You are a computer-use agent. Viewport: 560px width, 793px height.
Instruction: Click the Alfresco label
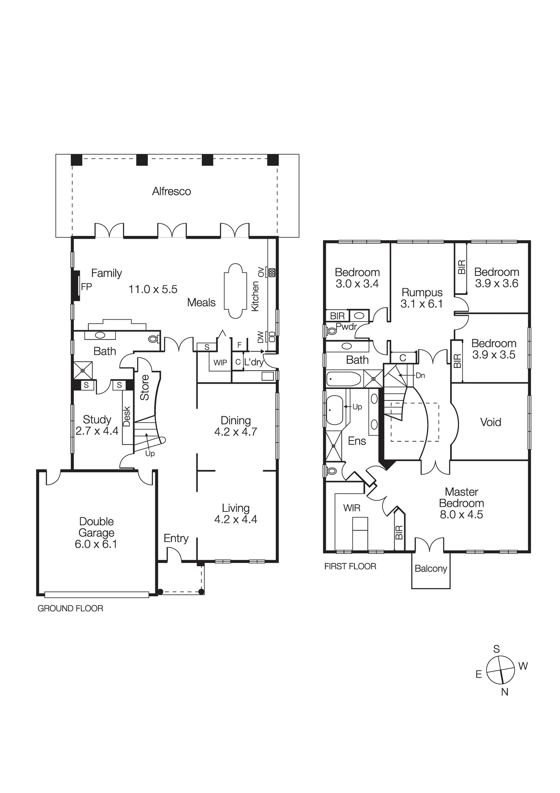[x=171, y=192]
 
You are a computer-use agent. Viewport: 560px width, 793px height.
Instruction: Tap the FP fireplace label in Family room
[x=86, y=287]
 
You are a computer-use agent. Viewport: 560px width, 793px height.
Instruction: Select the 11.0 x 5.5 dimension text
[x=153, y=289]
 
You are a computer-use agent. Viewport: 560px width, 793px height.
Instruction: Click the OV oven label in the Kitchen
[x=260, y=272]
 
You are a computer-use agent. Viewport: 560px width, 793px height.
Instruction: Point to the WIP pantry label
[x=220, y=363]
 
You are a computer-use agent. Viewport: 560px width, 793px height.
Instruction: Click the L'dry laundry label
[x=254, y=362]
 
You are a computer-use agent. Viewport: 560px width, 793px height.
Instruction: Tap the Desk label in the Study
[x=127, y=416]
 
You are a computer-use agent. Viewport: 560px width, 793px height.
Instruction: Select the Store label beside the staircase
[x=145, y=387]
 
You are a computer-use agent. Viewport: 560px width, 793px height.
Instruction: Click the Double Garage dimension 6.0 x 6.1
[x=96, y=544]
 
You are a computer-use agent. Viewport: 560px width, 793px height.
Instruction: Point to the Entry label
[x=176, y=538]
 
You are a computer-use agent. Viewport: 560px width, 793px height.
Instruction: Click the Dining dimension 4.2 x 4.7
[x=235, y=432]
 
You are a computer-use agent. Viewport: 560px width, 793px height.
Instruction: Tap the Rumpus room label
[x=422, y=293]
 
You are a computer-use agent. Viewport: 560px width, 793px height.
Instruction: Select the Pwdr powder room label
[x=346, y=327]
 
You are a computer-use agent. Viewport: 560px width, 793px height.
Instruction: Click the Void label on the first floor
[x=491, y=422]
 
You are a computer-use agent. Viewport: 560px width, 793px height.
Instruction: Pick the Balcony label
[x=431, y=569]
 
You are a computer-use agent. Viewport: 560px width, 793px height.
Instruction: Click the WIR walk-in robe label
[x=352, y=508]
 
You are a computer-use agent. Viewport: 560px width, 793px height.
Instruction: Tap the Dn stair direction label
[x=420, y=375]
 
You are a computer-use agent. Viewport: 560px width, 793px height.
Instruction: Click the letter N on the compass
[x=505, y=692]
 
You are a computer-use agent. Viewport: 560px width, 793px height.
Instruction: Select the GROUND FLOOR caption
[x=70, y=608]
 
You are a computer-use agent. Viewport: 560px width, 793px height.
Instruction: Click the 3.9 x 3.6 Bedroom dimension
[x=497, y=283]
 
